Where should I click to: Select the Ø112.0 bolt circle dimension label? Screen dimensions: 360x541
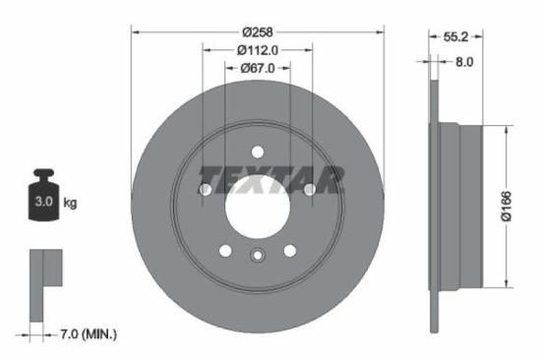(257, 49)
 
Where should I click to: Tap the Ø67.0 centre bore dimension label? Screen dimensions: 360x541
(257, 69)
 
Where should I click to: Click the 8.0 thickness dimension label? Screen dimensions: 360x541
(463, 61)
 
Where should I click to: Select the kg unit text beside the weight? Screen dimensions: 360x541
(70, 203)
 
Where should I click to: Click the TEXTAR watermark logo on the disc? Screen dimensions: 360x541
(271, 180)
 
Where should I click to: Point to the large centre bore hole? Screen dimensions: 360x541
(257, 202)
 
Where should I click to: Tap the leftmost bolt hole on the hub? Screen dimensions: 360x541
(207, 188)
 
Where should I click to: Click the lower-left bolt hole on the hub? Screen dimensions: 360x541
(225, 250)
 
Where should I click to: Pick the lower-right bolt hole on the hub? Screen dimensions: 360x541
(289, 250)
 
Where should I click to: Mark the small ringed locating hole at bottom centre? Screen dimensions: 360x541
(257, 257)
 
